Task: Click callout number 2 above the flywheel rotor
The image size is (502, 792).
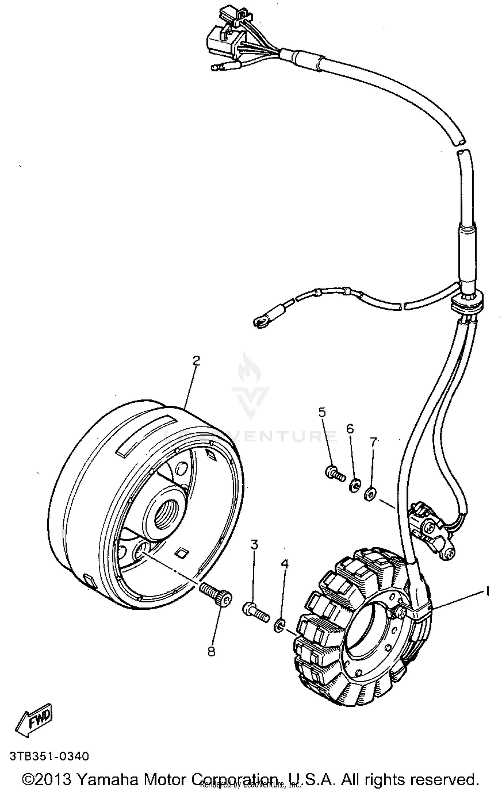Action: tap(196, 361)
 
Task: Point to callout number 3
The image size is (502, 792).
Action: tap(254, 545)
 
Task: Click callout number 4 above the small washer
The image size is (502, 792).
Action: tap(284, 565)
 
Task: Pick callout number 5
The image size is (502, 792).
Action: tap(322, 412)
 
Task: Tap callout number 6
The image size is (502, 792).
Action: tap(350, 429)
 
